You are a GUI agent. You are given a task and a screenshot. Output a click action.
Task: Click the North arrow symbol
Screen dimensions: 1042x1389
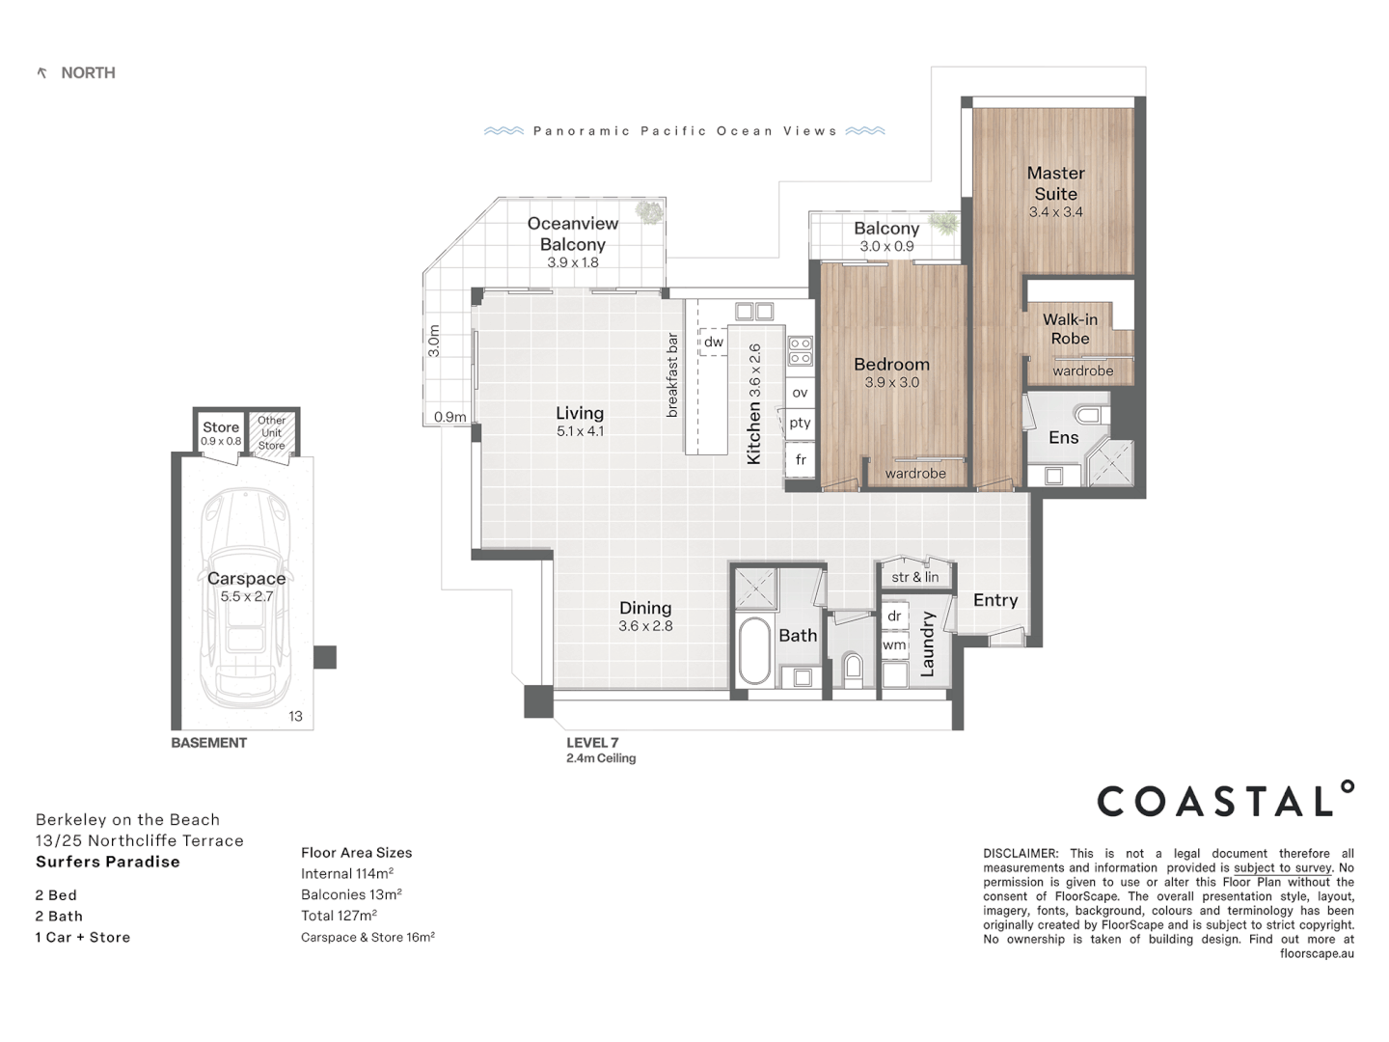coord(41,73)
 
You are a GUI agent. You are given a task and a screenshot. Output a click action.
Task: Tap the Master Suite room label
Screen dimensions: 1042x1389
coord(1055,183)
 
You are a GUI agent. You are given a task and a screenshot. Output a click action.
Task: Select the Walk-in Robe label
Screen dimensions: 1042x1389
coord(1070,329)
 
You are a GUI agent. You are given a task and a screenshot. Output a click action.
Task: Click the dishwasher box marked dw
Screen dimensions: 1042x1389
coord(713,342)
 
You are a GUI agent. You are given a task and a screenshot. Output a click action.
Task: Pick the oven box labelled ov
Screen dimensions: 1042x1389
coord(800,393)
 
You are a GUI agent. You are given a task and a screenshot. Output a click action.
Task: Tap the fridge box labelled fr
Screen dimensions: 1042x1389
coord(801,460)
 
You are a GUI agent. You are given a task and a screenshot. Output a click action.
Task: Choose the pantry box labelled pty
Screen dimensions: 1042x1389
coord(800,423)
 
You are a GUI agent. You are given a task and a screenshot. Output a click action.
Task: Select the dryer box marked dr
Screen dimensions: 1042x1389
coord(894,616)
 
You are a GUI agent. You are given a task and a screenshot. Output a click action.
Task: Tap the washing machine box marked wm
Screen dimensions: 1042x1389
coord(894,644)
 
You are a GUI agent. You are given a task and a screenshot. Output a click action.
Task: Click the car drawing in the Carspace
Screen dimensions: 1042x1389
coord(246,598)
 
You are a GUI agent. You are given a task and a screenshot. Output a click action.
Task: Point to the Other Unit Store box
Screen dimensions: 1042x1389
coord(272,432)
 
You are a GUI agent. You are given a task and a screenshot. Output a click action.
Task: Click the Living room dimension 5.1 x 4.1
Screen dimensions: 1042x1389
coord(580,431)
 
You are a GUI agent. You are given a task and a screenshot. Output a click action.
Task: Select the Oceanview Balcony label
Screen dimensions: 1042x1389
coord(573,233)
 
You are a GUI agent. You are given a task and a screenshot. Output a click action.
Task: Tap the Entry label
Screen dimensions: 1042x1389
coord(995,600)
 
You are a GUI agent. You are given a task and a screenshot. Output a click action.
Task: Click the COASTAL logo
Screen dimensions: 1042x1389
coord(1225,801)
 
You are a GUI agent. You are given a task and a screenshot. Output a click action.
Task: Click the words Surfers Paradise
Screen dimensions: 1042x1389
coord(108,862)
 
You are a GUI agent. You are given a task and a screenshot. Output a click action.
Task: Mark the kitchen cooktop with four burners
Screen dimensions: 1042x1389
coord(801,351)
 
